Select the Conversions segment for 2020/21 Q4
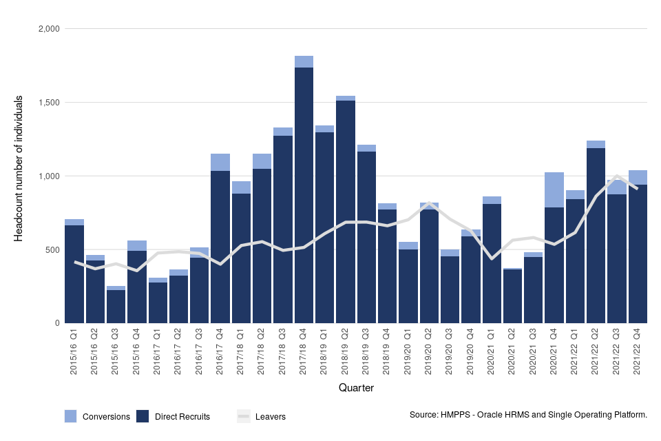[554, 189]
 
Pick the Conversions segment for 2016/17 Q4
[220, 162]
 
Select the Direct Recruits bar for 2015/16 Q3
[116, 307]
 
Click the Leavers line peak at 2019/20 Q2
[429, 203]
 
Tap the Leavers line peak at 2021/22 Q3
[617, 176]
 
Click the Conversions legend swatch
[71, 416]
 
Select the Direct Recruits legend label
[182, 417]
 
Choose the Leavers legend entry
[262, 417]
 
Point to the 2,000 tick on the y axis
[48, 29]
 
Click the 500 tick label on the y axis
[52, 249]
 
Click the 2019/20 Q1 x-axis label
[408, 352]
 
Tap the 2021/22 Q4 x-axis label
[638, 352]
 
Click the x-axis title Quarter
[356, 389]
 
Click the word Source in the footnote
[423, 415]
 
